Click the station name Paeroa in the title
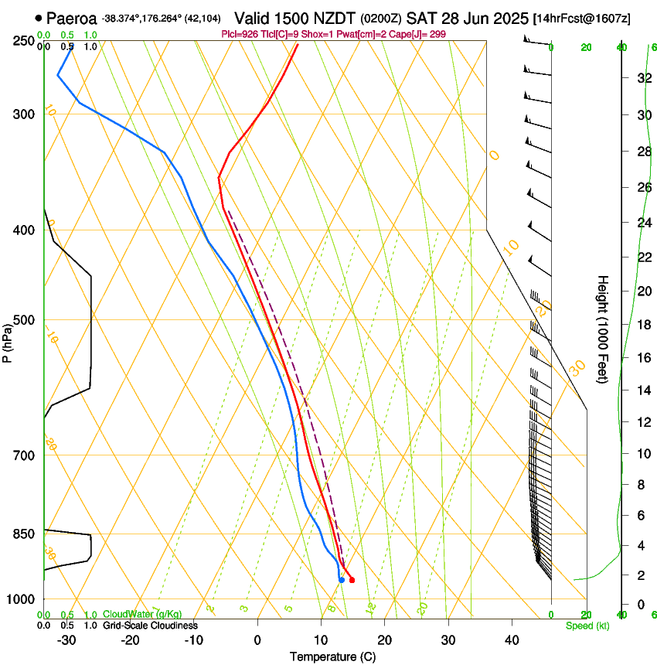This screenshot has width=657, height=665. [x=71, y=17]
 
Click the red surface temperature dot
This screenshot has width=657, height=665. [x=352, y=580]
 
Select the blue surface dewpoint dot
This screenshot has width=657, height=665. [x=341, y=580]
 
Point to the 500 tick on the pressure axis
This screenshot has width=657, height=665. [x=24, y=320]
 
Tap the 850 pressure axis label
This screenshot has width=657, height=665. [x=24, y=534]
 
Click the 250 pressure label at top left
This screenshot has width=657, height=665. [x=24, y=40]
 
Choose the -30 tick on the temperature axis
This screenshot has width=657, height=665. [x=66, y=640]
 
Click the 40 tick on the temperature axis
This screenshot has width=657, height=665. [x=511, y=640]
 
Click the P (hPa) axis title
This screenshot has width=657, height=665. [x=7, y=341]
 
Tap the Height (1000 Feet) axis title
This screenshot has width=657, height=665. [x=603, y=329]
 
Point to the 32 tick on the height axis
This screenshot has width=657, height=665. [x=642, y=77]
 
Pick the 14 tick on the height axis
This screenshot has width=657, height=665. [x=642, y=390]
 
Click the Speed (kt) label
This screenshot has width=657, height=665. [x=587, y=626]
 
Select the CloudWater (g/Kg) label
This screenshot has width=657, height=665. [x=142, y=614]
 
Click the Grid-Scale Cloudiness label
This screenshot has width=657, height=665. [x=150, y=625]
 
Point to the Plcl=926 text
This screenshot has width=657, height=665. [x=241, y=34]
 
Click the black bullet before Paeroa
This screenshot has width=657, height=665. [x=38, y=17]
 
